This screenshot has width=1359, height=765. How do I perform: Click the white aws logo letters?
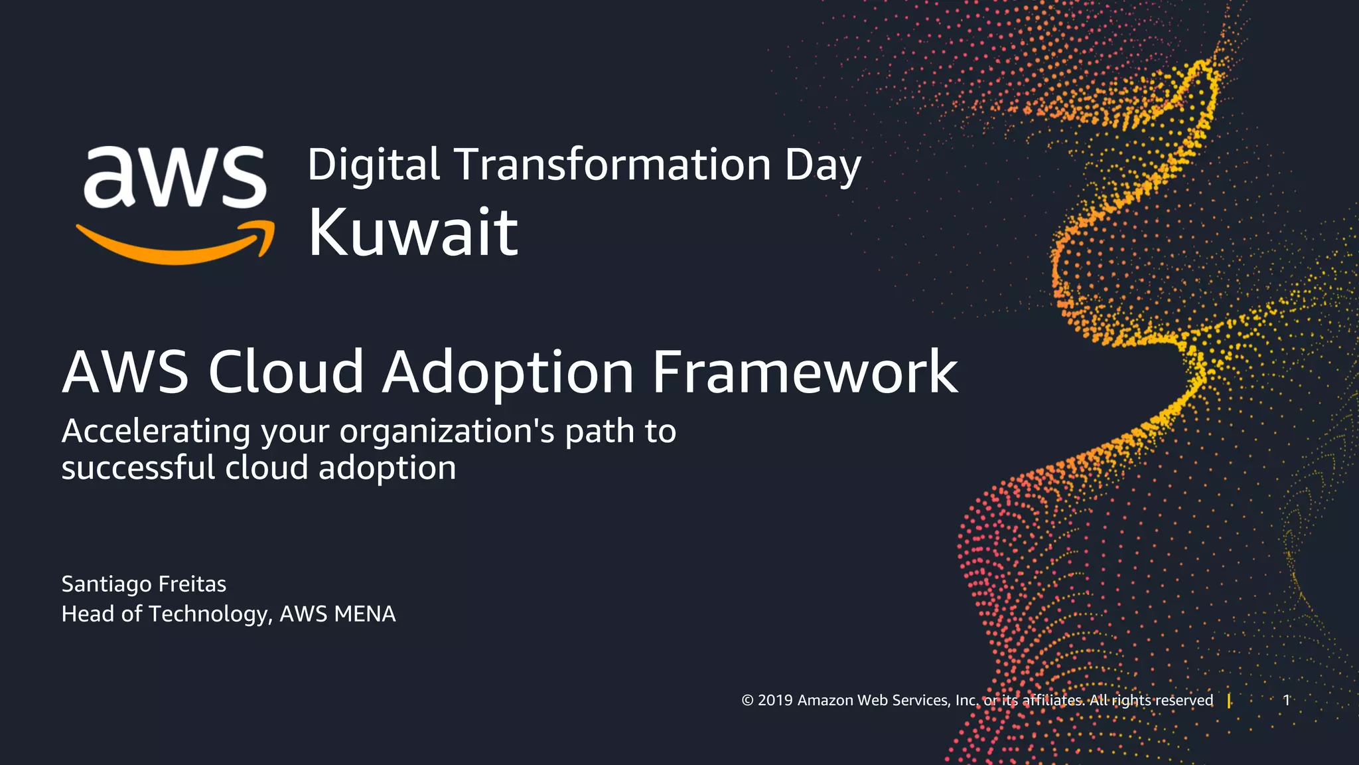click(175, 176)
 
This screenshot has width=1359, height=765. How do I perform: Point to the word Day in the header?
click(823, 166)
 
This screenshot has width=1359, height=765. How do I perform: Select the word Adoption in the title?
click(508, 373)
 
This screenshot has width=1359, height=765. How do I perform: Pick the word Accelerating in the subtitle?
click(156, 432)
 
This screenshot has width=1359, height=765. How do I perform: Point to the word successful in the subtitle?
click(138, 467)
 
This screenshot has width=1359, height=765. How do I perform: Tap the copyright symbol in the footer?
click(748, 701)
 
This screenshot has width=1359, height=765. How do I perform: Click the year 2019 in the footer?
click(775, 701)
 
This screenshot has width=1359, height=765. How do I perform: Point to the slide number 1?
click(1286, 700)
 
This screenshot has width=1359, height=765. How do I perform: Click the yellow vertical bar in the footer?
click(1229, 701)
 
